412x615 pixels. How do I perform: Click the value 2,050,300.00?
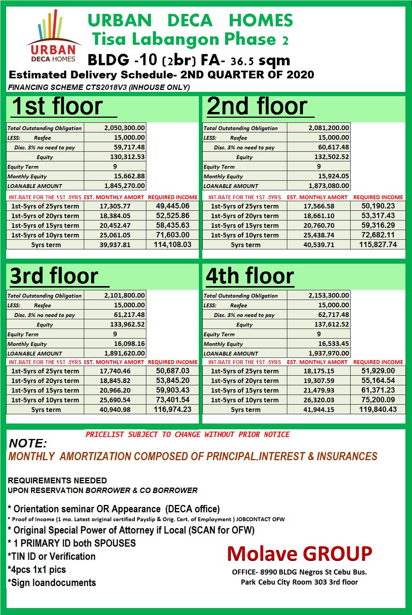(124, 128)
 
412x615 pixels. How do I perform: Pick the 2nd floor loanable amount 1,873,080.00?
(329, 186)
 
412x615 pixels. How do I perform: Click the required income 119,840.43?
(378, 409)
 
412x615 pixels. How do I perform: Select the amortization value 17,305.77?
(115, 206)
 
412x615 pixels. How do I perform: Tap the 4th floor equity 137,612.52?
(333, 324)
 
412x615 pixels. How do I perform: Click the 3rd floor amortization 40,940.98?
(115, 410)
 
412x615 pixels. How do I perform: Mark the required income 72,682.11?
(378, 235)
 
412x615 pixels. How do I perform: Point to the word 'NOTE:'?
(28, 443)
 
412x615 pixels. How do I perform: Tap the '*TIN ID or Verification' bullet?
(51, 556)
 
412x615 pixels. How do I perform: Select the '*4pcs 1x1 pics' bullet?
(37, 569)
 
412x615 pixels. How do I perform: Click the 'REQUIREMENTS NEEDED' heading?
(57, 481)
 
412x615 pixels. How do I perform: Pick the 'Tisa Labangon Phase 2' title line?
(190, 39)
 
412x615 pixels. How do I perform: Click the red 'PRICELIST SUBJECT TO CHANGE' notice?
(187, 434)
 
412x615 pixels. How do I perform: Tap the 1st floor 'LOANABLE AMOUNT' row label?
(35, 186)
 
